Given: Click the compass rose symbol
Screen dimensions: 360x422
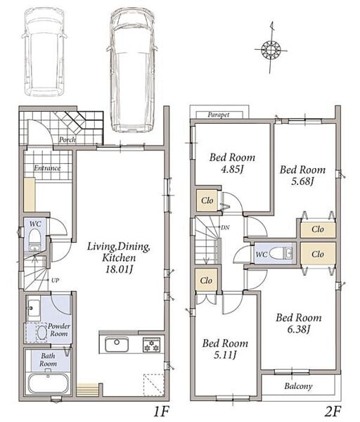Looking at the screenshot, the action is [x=271, y=49].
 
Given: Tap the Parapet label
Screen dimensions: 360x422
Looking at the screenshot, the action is [x=219, y=115].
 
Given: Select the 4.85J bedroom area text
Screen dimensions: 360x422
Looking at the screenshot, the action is [x=232, y=170].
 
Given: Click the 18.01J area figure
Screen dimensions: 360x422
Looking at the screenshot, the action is [x=120, y=269].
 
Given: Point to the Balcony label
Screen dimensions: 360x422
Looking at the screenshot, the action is [x=298, y=386].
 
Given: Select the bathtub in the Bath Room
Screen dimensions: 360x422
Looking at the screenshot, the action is [x=48, y=383].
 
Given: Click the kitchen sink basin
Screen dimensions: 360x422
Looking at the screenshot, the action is [x=117, y=344].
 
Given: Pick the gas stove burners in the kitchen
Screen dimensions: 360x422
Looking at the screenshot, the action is [x=151, y=345].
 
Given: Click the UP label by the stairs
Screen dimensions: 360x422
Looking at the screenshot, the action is [x=55, y=280].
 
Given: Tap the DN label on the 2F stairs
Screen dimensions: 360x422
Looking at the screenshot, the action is [x=225, y=228].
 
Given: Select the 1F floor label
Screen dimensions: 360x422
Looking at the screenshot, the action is [x=161, y=411].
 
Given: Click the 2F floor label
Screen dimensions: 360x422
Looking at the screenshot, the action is [x=333, y=411].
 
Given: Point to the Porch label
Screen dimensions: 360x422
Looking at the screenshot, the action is [x=67, y=140].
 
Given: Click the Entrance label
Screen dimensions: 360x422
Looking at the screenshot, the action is [x=47, y=168].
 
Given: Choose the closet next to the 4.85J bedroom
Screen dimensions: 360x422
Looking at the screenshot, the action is [x=207, y=200].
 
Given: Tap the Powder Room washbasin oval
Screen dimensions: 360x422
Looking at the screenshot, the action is [x=41, y=333].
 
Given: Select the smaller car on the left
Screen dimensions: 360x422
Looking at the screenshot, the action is [x=44, y=51].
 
